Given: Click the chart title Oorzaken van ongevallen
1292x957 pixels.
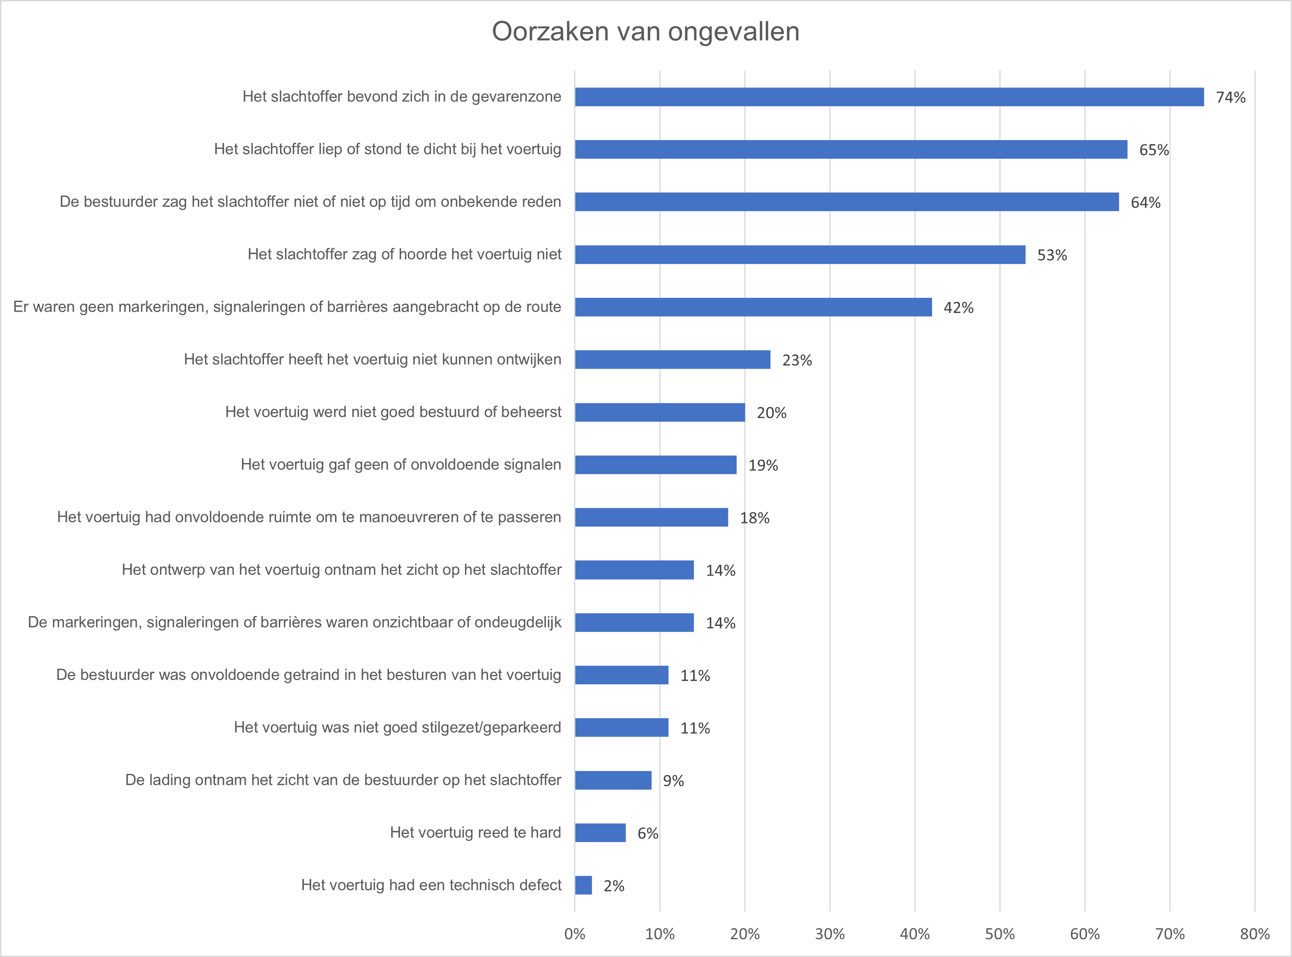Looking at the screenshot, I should [646, 32].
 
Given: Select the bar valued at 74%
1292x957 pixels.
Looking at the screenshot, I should [889, 97].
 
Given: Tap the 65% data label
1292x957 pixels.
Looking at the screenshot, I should [1154, 150].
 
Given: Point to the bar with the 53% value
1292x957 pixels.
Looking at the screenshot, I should [800, 255].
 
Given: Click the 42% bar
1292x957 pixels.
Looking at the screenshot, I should [753, 307].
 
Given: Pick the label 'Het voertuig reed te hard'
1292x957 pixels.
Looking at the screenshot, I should [475, 832].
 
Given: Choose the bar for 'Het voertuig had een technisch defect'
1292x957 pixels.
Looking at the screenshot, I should [583, 885].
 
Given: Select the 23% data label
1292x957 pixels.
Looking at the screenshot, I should [797, 360].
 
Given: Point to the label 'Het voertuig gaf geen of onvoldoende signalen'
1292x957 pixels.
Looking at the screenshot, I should [401, 465].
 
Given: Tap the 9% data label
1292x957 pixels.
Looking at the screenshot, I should [673, 781].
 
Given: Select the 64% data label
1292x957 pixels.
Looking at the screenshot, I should [1146, 203].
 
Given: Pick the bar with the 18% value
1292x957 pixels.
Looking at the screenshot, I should [651, 517].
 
